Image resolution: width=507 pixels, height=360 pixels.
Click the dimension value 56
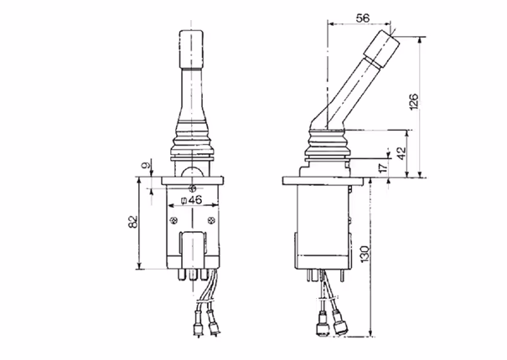click(363, 18)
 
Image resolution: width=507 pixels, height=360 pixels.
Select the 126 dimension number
click(414, 101)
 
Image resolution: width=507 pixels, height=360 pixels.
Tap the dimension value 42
click(401, 153)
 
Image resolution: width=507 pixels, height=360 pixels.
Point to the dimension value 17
click(383, 167)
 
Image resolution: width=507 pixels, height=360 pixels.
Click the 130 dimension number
click(365, 254)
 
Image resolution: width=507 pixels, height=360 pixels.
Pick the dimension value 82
click(133, 222)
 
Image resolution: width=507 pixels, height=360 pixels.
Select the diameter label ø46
click(191, 200)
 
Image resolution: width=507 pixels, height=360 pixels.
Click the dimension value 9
click(147, 166)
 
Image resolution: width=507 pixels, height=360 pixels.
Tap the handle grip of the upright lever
click(191, 49)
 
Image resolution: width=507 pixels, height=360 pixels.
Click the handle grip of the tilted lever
click(381, 49)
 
